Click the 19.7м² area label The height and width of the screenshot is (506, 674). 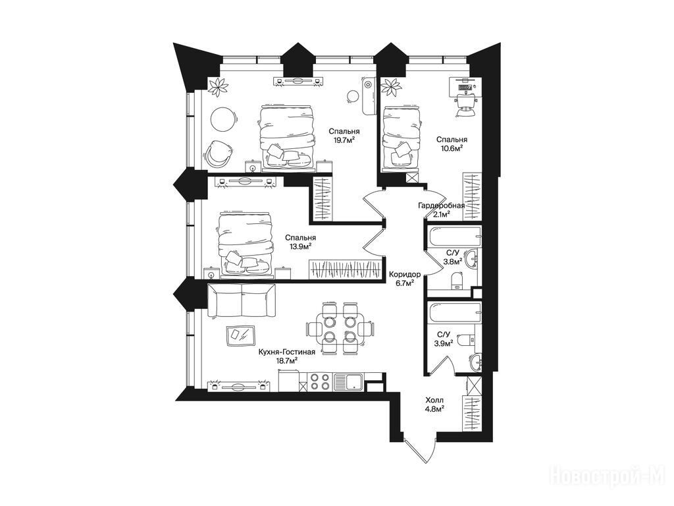point(344,140)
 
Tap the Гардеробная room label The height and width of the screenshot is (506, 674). point(442,206)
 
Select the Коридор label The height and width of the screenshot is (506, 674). point(405,275)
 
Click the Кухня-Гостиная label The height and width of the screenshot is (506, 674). point(287,352)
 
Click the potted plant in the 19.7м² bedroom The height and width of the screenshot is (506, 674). point(219,88)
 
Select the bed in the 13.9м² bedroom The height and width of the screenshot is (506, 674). point(246,242)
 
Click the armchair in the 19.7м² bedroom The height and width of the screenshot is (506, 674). point(218,153)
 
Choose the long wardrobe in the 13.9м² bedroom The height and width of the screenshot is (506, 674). point(345,269)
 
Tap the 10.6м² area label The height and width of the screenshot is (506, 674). point(452,148)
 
